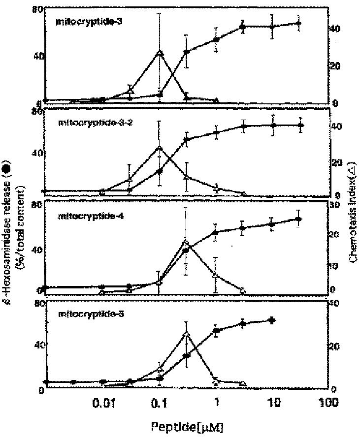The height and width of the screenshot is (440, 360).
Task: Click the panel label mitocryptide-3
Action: click(x=82, y=23)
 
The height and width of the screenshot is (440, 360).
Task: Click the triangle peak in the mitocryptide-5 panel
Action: click(x=186, y=335)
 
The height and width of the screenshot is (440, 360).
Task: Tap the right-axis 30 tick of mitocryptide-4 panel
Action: click(x=335, y=206)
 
